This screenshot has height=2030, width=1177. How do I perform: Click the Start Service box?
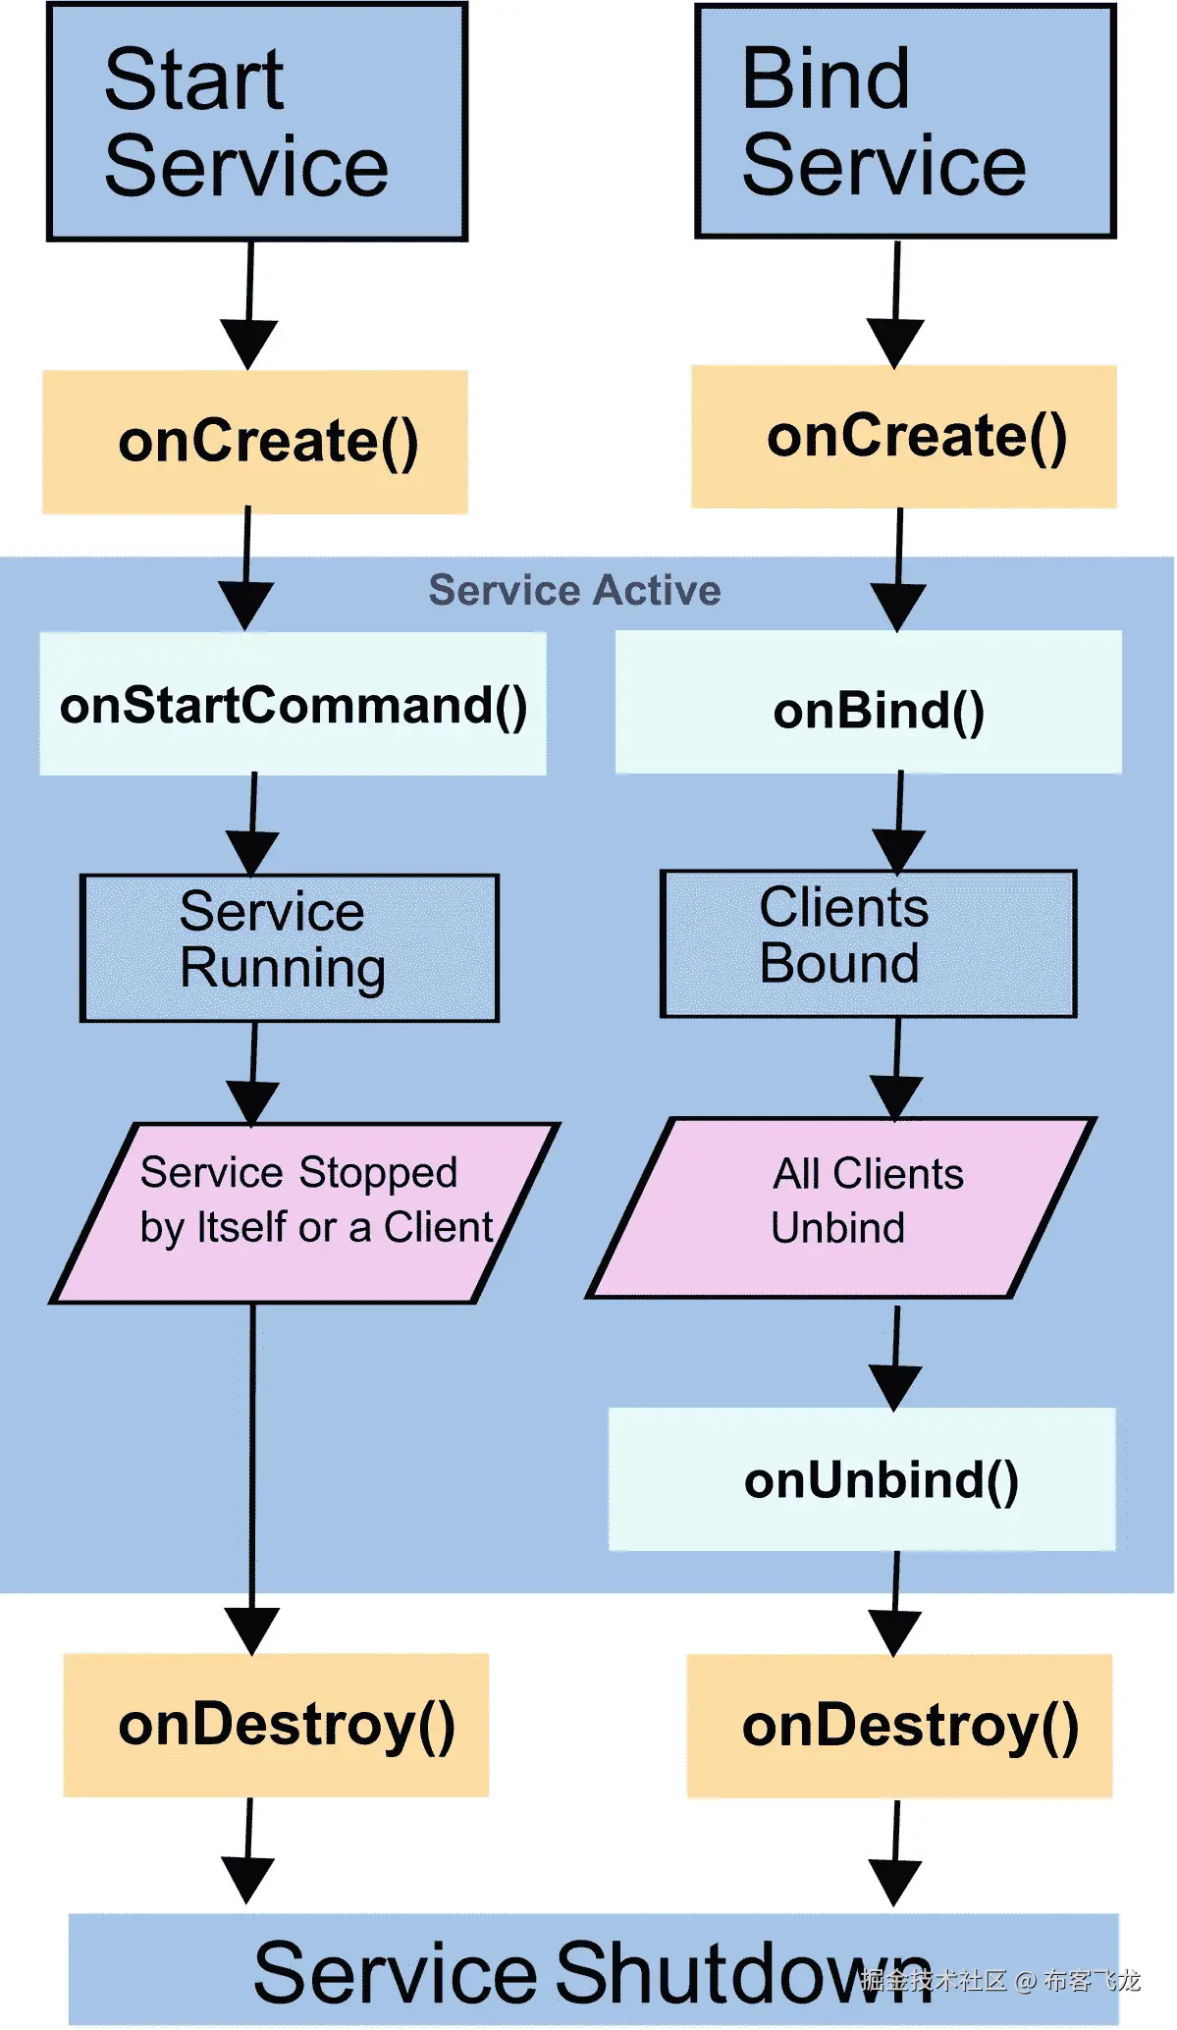pyautogui.click(x=256, y=122)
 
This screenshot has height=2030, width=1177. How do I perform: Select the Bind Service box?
pyautogui.click(x=904, y=122)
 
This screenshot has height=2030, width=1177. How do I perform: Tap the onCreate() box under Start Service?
pyautogui.click(x=255, y=442)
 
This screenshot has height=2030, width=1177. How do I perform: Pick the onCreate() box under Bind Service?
pyautogui.click(x=904, y=437)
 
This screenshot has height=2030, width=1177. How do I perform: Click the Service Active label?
pyautogui.click(x=574, y=591)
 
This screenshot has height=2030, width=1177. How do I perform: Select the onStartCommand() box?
pyautogui.click(x=293, y=705)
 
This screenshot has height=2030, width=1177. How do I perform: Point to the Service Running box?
pyautogui.click(x=289, y=948)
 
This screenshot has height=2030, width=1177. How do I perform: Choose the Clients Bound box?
pyautogui.click(x=869, y=943)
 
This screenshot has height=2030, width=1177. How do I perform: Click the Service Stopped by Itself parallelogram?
pyautogui.click(x=304, y=1213)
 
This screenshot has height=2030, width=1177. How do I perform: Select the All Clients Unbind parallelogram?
pyautogui.click(x=841, y=1208)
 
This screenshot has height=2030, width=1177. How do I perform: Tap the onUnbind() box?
pyautogui.click(x=862, y=1480)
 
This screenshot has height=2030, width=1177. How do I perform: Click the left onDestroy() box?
pyautogui.click(x=276, y=1726)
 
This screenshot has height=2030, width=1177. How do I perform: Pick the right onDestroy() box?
pyautogui.click(x=899, y=1727)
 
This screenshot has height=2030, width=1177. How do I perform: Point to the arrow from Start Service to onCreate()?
pyautogui.click(x=249, y=304)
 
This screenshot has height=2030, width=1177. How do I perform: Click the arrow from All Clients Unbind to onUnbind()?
pyautogui.click(x=895, y=1360)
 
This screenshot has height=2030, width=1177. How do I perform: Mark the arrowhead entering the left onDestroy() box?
pyautogui.click(x=252, y=1629)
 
